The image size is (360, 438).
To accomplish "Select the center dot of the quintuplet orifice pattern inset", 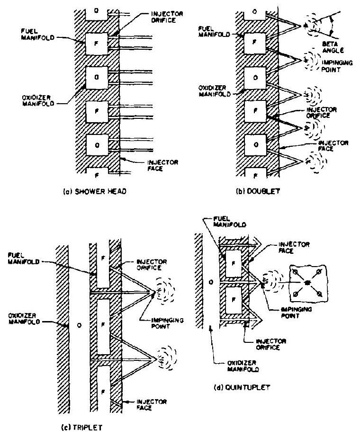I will [307, 283].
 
